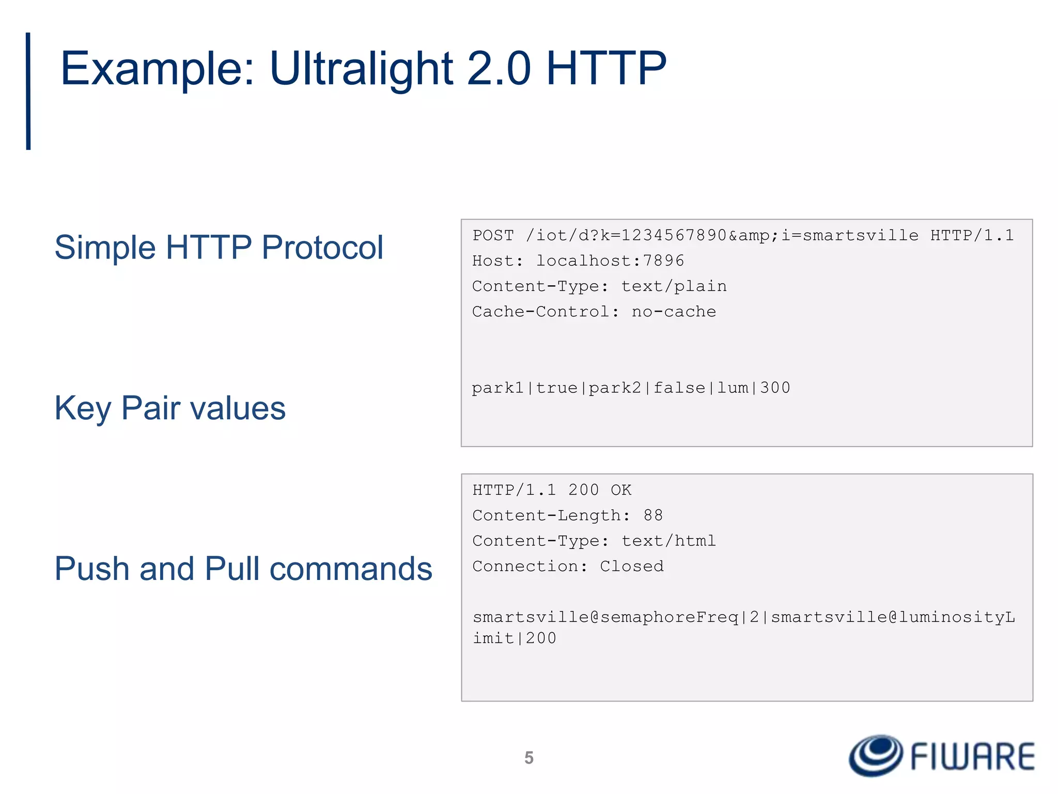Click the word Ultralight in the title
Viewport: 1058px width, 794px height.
point(361,69)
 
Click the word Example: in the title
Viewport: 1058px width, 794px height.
point(158,69)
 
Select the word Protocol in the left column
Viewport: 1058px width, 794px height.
point(322,247)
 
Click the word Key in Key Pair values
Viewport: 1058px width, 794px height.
point(82,408)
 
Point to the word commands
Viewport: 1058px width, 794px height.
point(351,569)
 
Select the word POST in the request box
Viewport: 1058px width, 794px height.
point(493,236)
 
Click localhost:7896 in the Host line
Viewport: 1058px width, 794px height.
point(610,261)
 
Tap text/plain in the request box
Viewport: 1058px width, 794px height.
point(674,286)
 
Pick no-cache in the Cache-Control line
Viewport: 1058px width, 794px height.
point(674,312)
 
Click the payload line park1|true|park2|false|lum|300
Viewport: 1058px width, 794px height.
point(631,388)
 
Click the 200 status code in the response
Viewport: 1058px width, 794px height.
point(583,490)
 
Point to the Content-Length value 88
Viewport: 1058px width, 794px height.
point(653,515)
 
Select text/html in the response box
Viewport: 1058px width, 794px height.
point(668,541)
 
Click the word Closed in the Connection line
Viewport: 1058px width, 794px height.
point(631,566)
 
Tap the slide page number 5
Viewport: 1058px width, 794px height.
point(529,758)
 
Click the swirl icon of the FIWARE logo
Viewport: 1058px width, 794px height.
point(876,755)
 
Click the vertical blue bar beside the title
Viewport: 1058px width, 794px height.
point(28,91)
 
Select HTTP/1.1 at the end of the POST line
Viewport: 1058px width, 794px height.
point(972,236)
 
